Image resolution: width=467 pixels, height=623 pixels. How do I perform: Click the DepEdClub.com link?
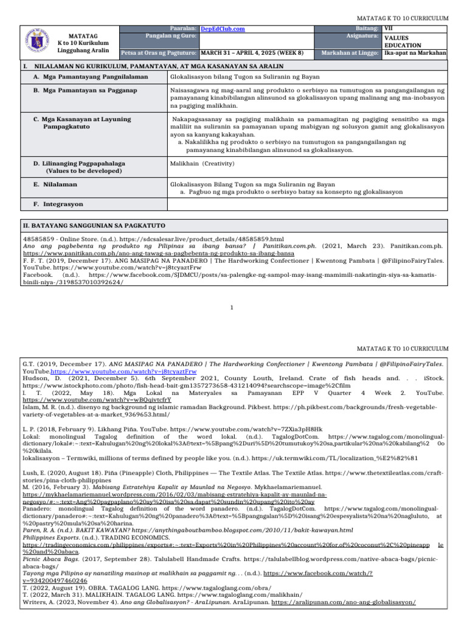click(x=223, y=29)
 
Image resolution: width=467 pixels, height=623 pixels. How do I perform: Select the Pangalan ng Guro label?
click(x=167, y=37)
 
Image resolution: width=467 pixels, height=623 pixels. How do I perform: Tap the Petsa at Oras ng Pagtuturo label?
click(x=160, y=53)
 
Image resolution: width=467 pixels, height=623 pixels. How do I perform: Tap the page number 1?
click(x=233, y=307)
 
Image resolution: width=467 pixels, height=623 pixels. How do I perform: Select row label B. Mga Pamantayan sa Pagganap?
click(x=85, y=91)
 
